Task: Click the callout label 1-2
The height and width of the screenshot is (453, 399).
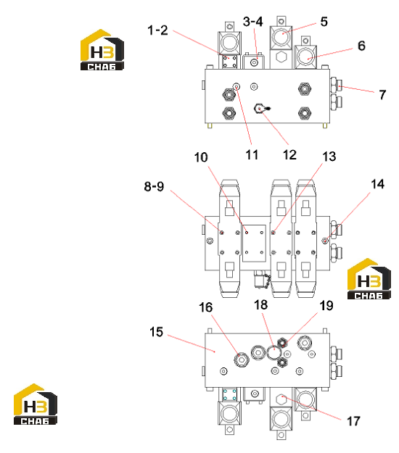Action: pos(157,30)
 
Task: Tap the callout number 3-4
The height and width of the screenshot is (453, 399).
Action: pos(253,22)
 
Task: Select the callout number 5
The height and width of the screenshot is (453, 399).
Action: pos(324,22)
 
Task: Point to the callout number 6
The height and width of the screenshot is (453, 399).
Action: pos(361,46)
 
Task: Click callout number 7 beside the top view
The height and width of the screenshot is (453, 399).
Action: pos(382,94)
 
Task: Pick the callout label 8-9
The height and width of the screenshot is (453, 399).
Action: pos(154,186)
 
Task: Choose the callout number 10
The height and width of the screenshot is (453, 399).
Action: pos(201,157)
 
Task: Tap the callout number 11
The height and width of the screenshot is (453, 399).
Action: pos(252,155)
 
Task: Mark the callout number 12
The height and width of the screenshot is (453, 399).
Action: pos(289,155)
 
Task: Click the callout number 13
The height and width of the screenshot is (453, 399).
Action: pos(329,157)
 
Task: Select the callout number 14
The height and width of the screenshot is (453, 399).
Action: pos(378,184)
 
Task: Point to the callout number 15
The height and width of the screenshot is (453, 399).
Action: pos(156,332)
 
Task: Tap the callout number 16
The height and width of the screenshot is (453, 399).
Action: pos(205,307)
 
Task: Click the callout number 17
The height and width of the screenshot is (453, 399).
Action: pos(353,421)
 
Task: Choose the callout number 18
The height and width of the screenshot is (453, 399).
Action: pos(260,305)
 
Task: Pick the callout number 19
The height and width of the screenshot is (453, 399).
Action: pos(326,306)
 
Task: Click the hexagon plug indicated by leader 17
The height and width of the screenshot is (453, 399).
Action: pos(281,399)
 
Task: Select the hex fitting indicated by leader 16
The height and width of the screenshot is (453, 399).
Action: pos(241,360)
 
